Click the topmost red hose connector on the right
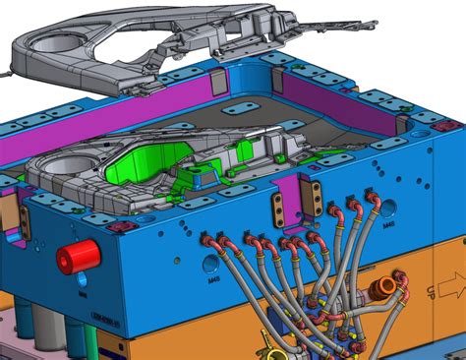pyautogui.click(x=373, y=198)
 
